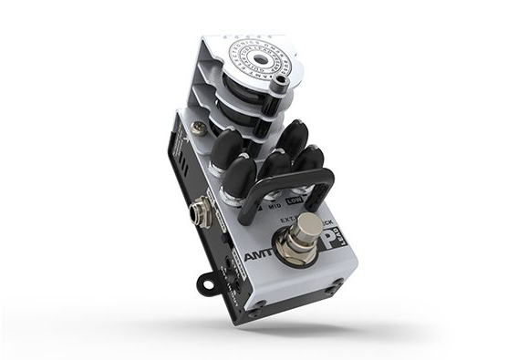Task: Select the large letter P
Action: pos(330,236)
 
